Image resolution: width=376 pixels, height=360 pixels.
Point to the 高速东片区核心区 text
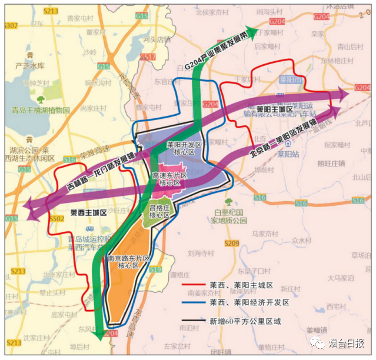(x=169, y=179)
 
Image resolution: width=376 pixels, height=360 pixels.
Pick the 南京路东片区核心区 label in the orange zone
(x=128, y=262)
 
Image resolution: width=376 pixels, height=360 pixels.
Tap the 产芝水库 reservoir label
(x=30, y=66)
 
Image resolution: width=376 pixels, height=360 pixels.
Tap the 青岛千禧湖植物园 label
(x=41, y=110)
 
